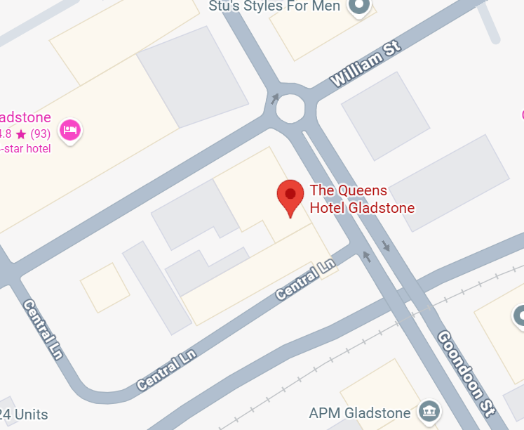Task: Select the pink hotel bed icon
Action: (x=69, y=130)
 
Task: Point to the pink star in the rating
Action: (x=21, y=133)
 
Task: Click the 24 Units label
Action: (x=24, y=415)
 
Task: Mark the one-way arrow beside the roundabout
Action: (x=275, y=99)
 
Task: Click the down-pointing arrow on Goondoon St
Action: (x=386, y=246)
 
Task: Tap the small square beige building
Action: (x=105, y=287)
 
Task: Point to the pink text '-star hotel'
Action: (x=26, y=148)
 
